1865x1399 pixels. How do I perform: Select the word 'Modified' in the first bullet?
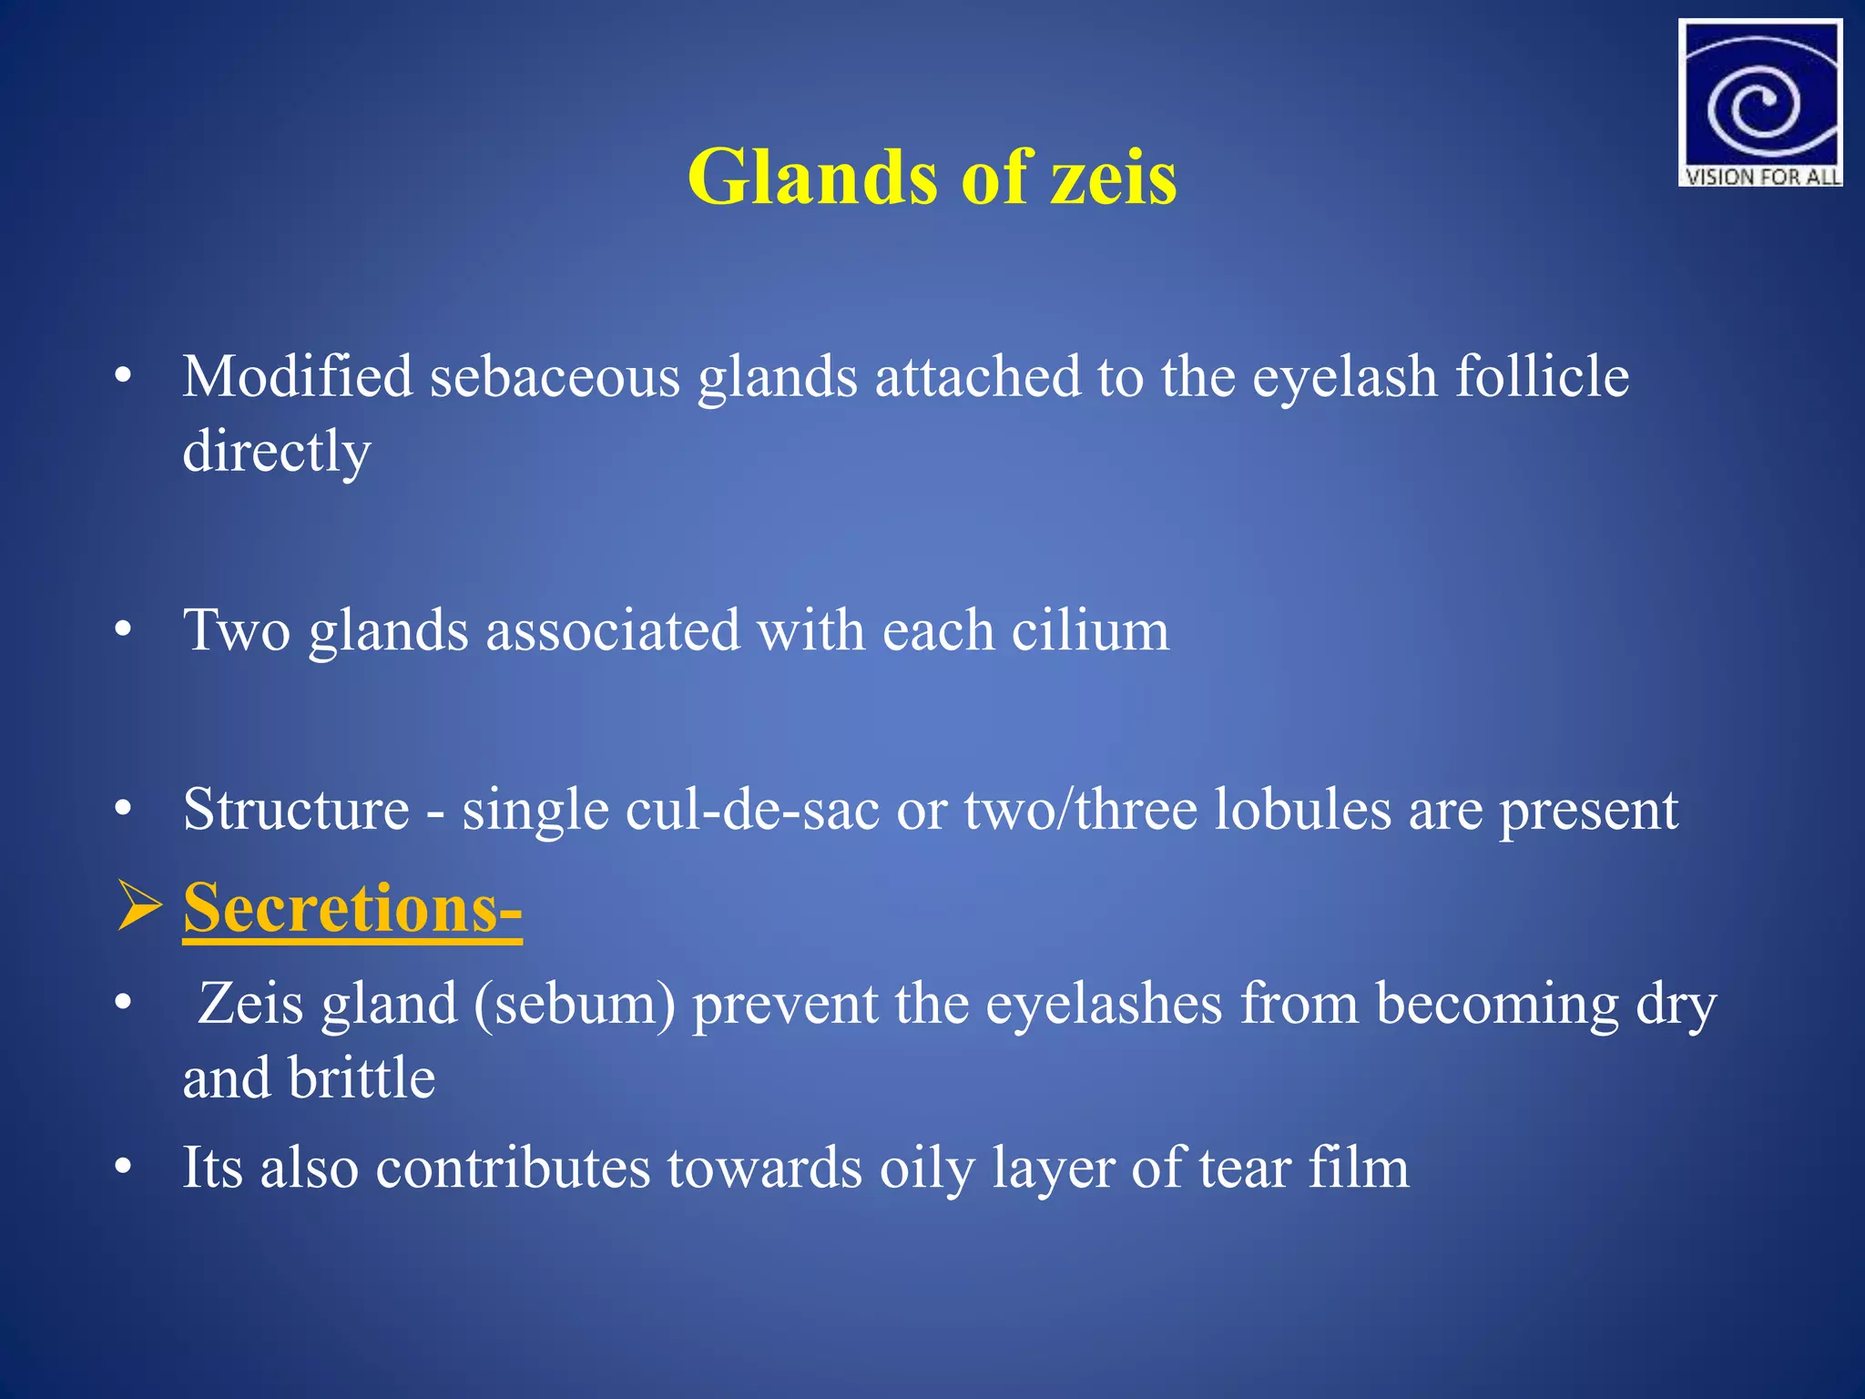297,376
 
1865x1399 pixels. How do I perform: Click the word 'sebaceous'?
555,376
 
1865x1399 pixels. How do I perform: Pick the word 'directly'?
277,451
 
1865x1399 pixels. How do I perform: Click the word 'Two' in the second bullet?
237,630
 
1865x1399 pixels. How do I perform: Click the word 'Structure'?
296,809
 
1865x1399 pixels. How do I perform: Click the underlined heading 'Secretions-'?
352,908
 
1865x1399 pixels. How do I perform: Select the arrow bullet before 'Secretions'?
139,908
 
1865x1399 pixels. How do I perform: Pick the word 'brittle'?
362,1078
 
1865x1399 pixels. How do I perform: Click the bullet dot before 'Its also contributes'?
124,1168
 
